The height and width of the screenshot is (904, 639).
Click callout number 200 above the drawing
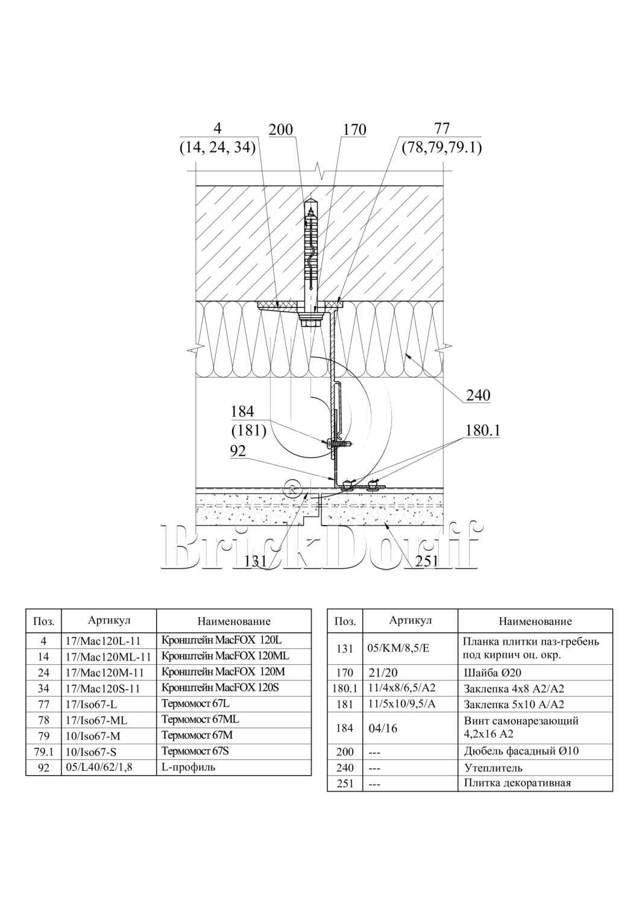click(x=280, y=130)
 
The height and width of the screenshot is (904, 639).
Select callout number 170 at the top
click(x=354, y=130)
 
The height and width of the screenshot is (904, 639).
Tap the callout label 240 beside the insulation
click(x=478, y=395)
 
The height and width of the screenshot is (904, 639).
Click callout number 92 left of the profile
click(x=238, y=451)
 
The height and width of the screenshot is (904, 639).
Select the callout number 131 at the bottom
click(x=256, y=561)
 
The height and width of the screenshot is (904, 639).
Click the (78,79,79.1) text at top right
click(x=442, y=148)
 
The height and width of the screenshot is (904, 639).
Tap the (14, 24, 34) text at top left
click(x=218, y=148)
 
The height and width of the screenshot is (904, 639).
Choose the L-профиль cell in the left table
click(x=189, y=767)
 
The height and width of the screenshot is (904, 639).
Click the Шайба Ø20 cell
click(x=489, y=673)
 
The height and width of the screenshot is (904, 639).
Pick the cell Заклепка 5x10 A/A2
click(x=514, y=705)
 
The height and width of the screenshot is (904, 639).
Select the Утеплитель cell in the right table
click(x=493, y=768)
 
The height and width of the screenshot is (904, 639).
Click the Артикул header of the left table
click(x=109, y=620)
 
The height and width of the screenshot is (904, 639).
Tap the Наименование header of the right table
click(x=535, y=621)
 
